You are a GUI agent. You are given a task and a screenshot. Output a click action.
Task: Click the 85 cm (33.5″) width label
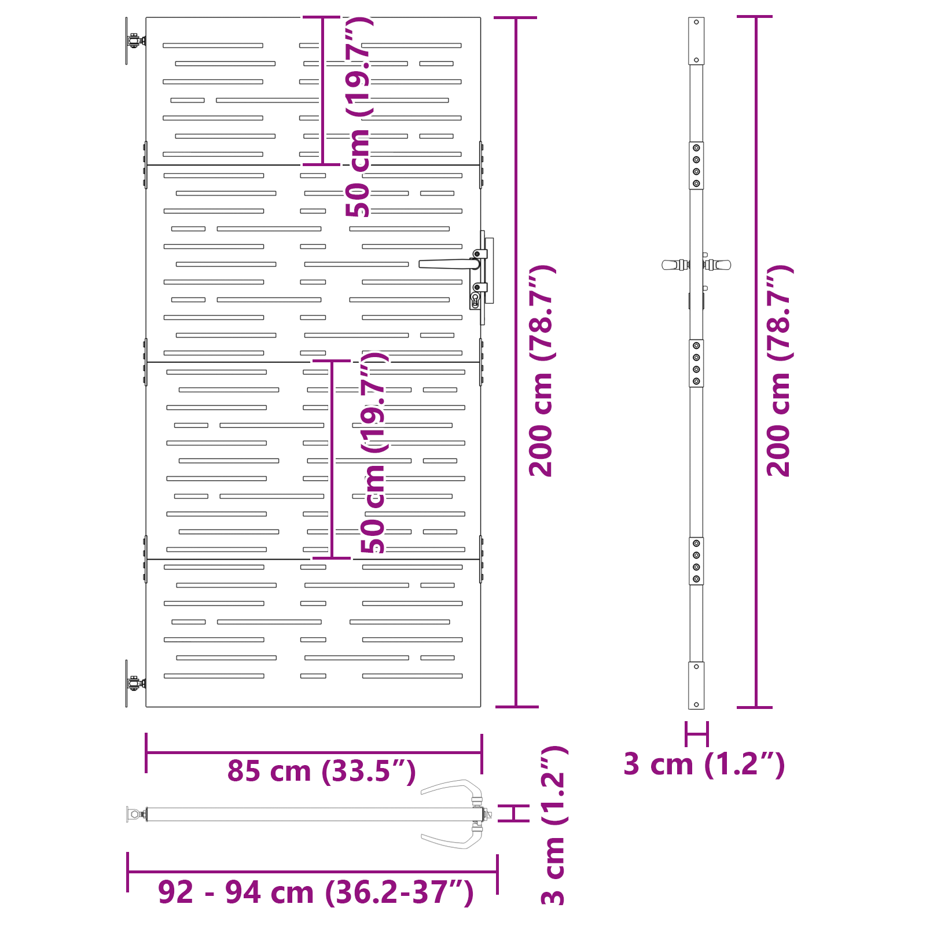[321, 771]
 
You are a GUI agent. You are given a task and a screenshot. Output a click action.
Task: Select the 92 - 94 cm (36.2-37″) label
[316, 892]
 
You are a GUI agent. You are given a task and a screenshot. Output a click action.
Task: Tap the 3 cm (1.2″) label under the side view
[704, 764]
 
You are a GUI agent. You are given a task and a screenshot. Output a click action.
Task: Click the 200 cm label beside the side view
[779, 371]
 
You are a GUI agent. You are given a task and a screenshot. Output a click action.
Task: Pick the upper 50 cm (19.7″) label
[359, 117]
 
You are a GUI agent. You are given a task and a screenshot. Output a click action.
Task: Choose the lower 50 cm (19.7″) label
[374, 453]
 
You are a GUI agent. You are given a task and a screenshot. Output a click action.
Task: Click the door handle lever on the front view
[449, 264]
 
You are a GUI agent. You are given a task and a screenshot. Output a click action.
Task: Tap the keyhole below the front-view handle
[475, 300]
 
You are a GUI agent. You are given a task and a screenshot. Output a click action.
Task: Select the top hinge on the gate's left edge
[134, 41]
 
